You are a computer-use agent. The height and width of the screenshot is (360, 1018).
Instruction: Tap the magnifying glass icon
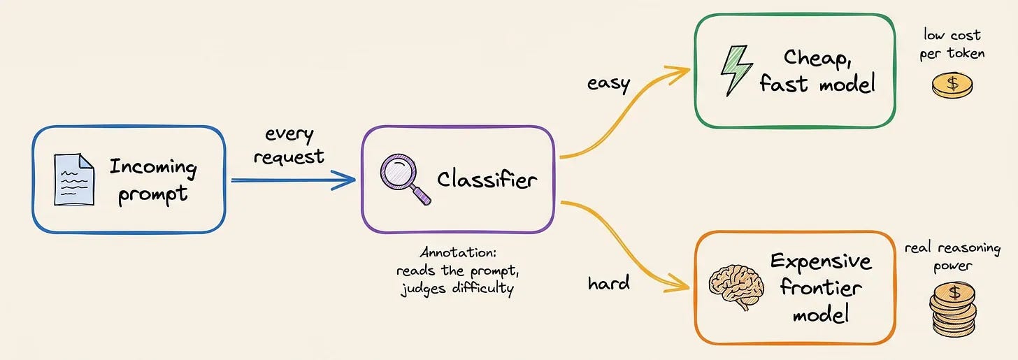(403, 178)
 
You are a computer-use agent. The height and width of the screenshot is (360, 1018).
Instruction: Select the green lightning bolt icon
(736, 71)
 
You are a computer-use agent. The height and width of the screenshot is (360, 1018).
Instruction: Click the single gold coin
(952, 85)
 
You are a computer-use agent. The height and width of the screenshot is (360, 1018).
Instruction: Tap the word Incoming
(153, 167)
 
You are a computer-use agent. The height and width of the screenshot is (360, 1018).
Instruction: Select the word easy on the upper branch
(608, 84)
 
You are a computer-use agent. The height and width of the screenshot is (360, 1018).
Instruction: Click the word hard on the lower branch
(608, 282)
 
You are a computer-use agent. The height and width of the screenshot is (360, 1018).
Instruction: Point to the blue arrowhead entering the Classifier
(345, 180)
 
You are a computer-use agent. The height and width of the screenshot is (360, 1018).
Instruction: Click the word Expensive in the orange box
(821, 261)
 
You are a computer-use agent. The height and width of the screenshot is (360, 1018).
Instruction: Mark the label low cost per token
(952, 45)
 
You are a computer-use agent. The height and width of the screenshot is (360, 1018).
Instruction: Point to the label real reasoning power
(952, 257)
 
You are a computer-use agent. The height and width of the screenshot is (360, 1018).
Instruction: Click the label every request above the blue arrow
(289, 145)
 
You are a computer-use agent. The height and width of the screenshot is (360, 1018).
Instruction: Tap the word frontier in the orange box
(821, 287)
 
